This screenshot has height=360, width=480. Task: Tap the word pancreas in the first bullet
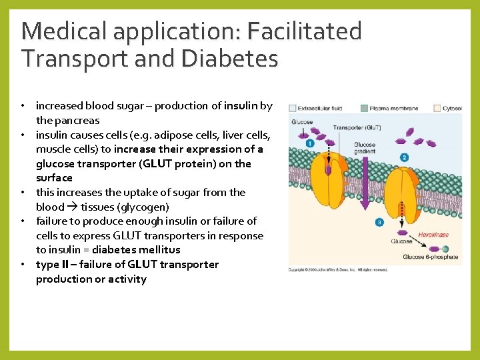(x=77, y=121)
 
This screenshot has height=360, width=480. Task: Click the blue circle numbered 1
(x=309, y=143)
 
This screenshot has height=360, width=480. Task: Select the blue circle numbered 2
(x=404, y=157)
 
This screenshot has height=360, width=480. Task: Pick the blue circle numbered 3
(x=379, y=222)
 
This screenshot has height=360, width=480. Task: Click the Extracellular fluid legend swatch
(x=293, y=108)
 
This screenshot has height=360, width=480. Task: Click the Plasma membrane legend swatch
(x=364, y=108)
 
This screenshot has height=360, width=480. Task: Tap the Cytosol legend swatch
(x=437, y=108)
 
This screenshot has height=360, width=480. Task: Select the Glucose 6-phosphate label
(x=430, y=257)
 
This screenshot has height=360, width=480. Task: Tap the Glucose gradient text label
(x=365, y=148)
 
